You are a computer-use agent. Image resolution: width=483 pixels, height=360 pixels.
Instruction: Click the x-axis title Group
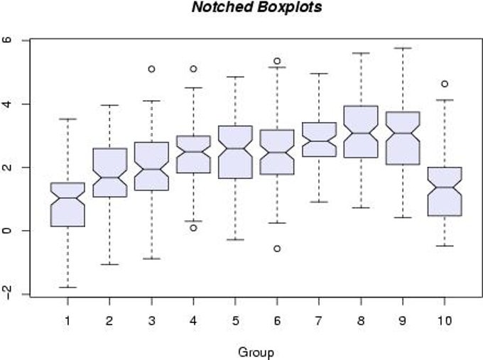pos(256,351)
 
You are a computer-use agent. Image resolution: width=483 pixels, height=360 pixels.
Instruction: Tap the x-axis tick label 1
pos(68,321)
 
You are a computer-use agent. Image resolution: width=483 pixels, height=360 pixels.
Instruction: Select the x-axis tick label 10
pos(444,321)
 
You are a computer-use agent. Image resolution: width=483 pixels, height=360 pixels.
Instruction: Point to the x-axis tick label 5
pos(235,321)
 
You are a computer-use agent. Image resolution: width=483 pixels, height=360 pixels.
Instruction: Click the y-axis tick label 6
pos(8,40)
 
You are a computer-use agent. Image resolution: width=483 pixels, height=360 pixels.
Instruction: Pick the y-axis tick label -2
pos(8,294)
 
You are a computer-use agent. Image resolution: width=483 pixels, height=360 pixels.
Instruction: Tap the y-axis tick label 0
pos(8,231)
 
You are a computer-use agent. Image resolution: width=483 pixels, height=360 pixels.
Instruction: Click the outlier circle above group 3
pos(151,69)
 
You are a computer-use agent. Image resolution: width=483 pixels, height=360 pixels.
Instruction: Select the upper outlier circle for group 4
pos(193,69)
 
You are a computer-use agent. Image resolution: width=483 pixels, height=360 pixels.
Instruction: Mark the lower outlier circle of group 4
pos(193,227)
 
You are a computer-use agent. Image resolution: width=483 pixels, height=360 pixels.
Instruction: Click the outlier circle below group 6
pos(277,249)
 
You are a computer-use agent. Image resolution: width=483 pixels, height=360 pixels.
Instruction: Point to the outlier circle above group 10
pos(445,84)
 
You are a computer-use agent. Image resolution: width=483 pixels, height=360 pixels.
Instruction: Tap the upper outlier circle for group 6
pos(277,61)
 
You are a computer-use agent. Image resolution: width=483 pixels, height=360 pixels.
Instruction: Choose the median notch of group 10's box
pos(445,187)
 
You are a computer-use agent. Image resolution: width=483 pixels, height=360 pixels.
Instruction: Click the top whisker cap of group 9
pos(403,48)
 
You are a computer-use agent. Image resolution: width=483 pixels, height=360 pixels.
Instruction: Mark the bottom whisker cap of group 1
pos(68,287)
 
